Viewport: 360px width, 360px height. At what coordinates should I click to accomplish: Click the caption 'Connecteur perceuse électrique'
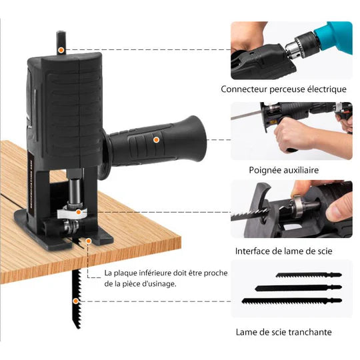pyautogui.click(x=283, y=89)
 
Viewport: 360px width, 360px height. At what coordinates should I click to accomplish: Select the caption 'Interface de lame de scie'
pyautogui.click(x=283, y=251)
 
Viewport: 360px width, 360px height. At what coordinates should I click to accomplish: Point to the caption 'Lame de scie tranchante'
pyautogui.click(x=283, y=331)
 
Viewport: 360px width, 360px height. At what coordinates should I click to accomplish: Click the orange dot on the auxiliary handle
pyautogui.click(x=156, y=139)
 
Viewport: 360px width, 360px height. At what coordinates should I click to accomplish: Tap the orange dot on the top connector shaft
pyautogui.click(x=61, y=49)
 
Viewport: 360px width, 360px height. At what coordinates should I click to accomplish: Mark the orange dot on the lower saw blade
pyautogui.click(x=79, y=301)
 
